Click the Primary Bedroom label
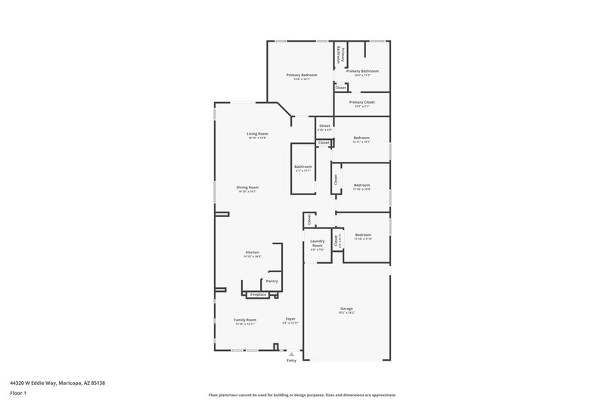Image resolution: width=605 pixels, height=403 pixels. (x=301, y=75)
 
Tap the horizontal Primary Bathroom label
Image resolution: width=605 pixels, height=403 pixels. (x=362, y=71)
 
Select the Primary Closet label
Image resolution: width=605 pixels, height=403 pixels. (x=362, y=102)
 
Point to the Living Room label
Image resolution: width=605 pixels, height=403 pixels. (x=257, y=134)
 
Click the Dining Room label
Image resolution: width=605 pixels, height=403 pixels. (x=247, y=188)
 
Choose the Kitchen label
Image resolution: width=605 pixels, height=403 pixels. (x=252, y=252)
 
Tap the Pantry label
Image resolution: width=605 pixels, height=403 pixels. (x=271, y=281)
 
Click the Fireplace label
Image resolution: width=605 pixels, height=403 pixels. (x=258, y=294)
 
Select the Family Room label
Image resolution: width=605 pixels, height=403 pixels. (x=245, y=320)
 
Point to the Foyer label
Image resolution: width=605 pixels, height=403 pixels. (x=290, y=319)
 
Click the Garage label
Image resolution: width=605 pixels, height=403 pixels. (x=346, y=308)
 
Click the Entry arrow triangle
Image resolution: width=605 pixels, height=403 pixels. (x=291, y=354)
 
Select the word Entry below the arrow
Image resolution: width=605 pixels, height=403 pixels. (x=291, y=361)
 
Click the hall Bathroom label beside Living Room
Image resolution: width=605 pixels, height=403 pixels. (x=303, y=166)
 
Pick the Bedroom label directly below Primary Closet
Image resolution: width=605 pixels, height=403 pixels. (x=361, y=138)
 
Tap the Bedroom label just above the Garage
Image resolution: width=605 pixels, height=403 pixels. (x=362, y=235)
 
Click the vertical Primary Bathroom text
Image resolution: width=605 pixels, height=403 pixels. (x=342, y=54)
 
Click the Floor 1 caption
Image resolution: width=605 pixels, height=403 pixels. (x=18, y=394)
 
